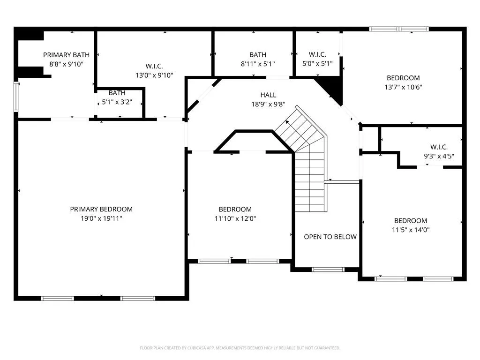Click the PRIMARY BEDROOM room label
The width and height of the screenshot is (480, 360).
pos(101,209)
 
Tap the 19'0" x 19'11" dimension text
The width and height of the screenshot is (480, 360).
pos(101,218)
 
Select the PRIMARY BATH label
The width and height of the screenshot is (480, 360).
pos(66,55)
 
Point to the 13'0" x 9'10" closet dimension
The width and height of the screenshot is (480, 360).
pos(154,75)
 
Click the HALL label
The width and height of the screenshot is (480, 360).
pos(268,95)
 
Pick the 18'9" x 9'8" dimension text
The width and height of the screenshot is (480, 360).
pos(268,104)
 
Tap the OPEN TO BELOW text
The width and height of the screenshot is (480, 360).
pos(330,237)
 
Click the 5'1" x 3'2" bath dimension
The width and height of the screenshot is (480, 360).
pos(117,102)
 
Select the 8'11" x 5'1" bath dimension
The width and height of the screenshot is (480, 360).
pos(258,64)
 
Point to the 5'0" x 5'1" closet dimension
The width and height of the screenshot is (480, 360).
pos(317,64)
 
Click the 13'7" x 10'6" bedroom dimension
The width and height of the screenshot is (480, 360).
pos(403,87)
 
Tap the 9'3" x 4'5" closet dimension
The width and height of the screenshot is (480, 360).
pos(439,156)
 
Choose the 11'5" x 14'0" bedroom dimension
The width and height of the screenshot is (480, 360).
pos(411,230)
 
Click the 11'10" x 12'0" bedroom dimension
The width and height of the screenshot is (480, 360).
pos(235,218)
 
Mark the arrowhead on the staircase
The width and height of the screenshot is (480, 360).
pos(287,122)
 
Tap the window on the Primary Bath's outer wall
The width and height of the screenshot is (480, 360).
pos(16,97)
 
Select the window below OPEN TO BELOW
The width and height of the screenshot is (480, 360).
pos(328,270)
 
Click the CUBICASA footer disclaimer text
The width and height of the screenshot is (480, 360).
pos(240,348)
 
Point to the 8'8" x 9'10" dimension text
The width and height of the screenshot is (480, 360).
pos(66,64)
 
